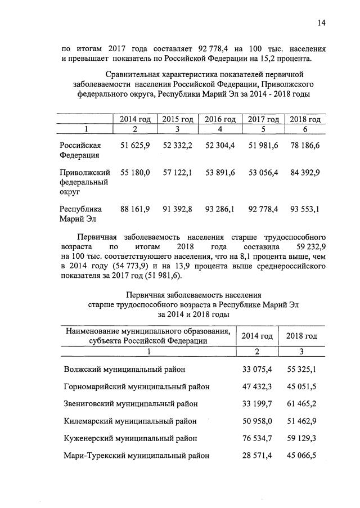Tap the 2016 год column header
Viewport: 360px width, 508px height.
(219, 119)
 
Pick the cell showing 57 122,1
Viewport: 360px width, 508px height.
(177, 172)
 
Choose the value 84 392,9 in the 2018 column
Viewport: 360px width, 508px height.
(304, 172)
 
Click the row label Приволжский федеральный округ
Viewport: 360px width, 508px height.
(85, 182)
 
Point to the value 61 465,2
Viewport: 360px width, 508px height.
(300, 403)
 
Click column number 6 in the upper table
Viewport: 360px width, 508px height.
(304, 129)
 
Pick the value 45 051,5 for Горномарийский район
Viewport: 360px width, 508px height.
(300, 386)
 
